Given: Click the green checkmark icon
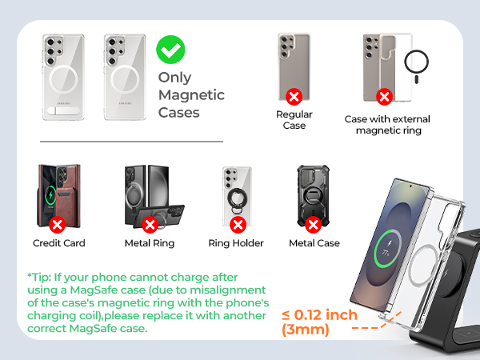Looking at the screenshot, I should (x=170, y=50).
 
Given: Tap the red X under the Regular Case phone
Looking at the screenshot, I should (x=294, y=97).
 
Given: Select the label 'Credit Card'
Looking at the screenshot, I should (x=59, y=242).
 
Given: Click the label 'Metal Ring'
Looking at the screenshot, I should (x=149, y=242).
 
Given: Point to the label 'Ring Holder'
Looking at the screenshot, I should (x=236, y=242).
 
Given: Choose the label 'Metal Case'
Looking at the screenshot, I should (x=314, y=242).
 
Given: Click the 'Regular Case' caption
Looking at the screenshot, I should (x=294, y=120).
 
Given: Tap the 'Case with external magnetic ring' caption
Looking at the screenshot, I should (x=387, y=125).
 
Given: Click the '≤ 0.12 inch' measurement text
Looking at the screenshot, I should (x=319, y=315).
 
